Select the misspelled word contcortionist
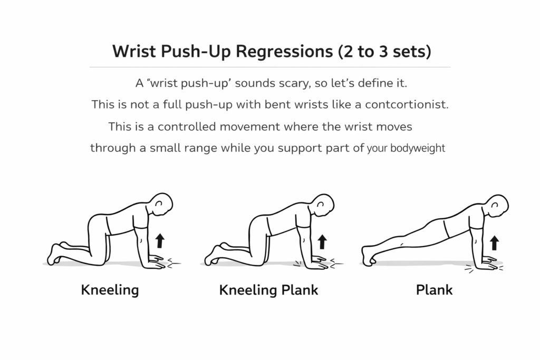[407, 104]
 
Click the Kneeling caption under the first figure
[110, 289]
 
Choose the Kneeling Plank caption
[268, 290]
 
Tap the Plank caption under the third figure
[434, 289]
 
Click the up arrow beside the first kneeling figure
[160, 241]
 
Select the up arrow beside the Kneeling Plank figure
[322, 241]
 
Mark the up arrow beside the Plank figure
[494, 242]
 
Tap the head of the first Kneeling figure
[162, 205]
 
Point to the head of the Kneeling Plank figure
[324, 205]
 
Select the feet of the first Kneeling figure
[55, 254]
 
